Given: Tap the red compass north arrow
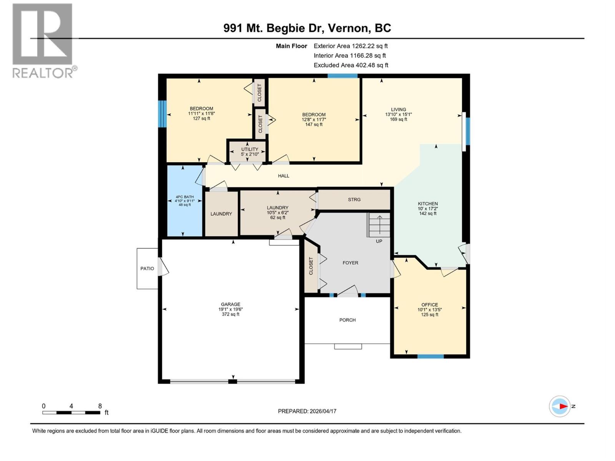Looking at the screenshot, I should click(x=563, y=406).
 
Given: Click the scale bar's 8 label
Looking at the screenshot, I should click(x=100, y=406).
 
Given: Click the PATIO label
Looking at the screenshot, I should click(x=147, y=269).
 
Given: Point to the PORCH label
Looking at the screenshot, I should click(x=347, y=320).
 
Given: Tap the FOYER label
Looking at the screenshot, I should click(x=350, y=263).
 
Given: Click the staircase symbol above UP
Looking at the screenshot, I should click(x=379, y=225).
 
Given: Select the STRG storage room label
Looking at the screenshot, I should click(x=354, y=199).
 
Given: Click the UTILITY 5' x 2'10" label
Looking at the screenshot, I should click(x=250, y=151).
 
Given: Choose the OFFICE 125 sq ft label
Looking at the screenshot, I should click(x=429, y=310).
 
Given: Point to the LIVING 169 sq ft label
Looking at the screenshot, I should click(x=399, y=114).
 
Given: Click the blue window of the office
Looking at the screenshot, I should click(x=430, y=357).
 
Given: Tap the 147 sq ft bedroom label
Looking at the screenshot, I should click(x=314, y=119).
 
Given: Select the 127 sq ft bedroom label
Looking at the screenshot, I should click(x=201, y=113).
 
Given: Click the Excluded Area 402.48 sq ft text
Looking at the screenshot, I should click(x=351, y=65).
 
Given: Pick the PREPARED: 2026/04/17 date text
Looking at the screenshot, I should click(x=307, y=411).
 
